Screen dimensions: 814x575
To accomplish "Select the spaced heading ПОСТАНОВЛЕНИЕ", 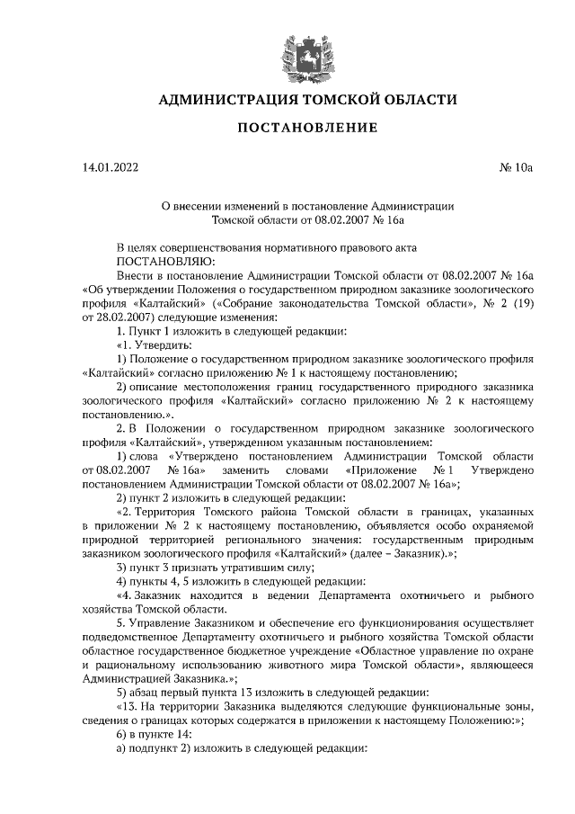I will point(306,128).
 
